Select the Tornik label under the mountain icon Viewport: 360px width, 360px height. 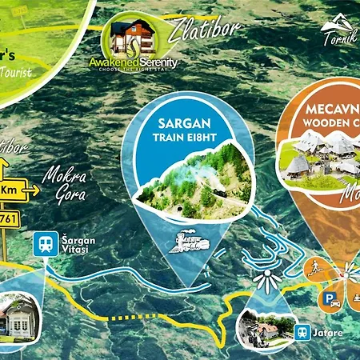338,41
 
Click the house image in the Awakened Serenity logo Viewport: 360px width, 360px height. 134,38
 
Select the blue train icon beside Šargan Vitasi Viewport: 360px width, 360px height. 45,245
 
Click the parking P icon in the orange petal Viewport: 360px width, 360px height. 329,302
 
